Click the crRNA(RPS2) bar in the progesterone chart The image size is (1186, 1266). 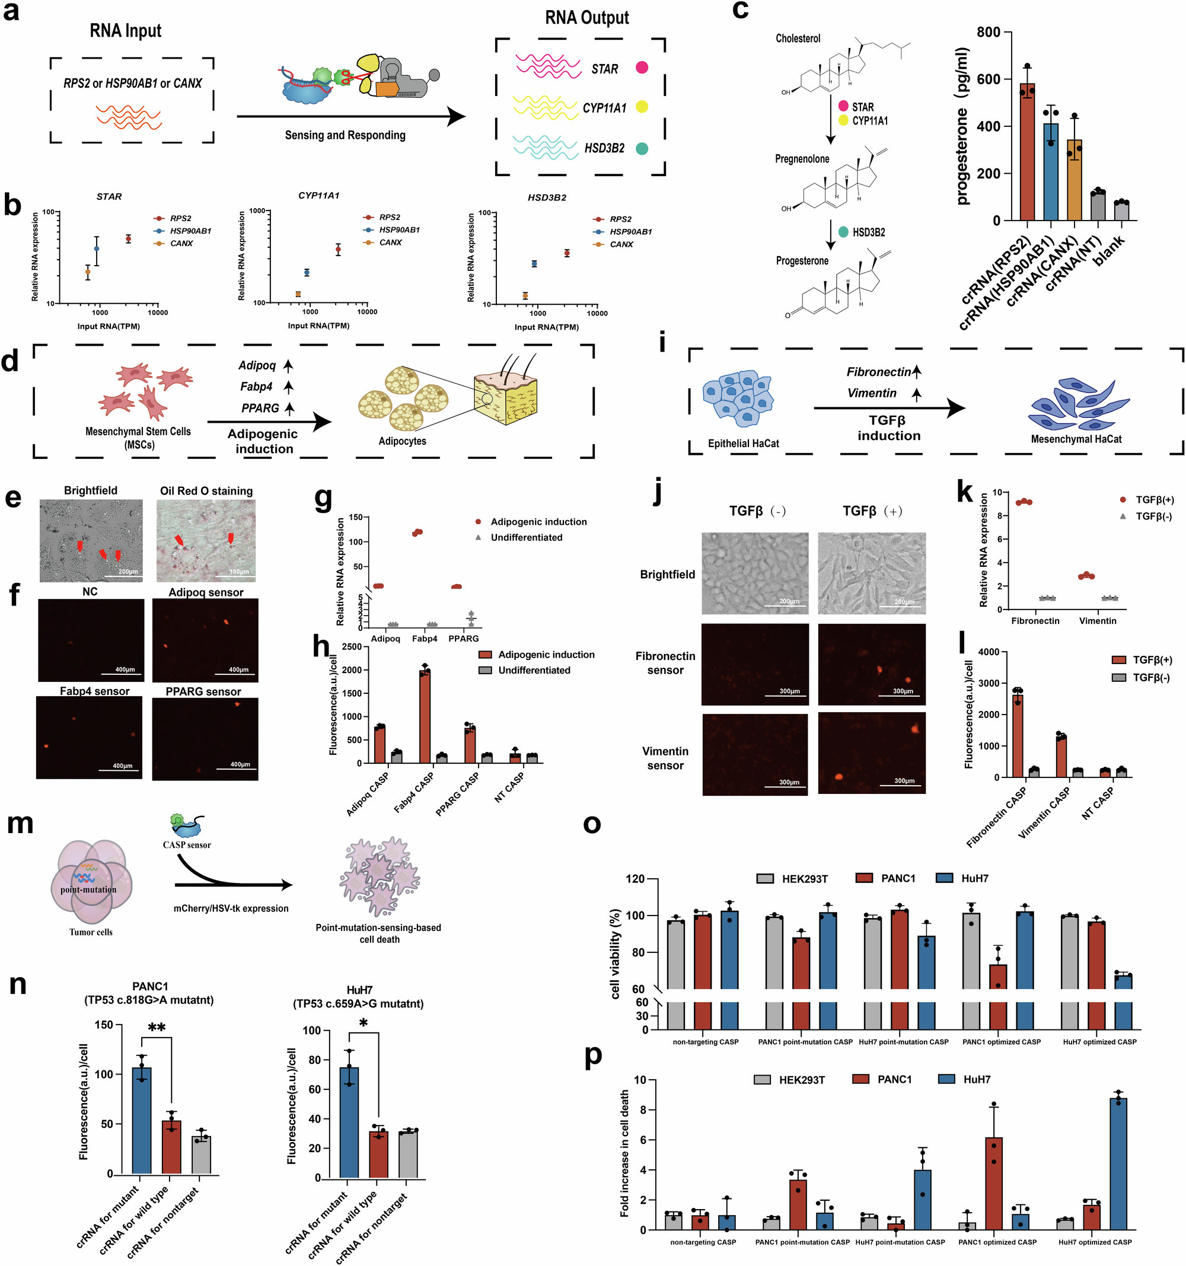(x=1026, y=153)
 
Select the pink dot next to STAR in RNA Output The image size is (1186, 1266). (x=642, y=68)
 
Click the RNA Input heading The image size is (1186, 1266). (x=126, y=31)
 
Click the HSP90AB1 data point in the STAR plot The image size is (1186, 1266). (x=97, y=248)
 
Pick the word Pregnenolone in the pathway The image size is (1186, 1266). (x=802, y=158)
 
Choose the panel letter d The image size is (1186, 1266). (x=10, y=361)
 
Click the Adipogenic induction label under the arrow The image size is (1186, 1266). (x=263, y=441)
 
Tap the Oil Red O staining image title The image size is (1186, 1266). (x=206, y=491)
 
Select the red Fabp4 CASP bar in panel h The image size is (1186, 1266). (x=424, y=716)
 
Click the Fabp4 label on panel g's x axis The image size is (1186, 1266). (x=424, y=638)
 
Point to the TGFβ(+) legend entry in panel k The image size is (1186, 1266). (x=1154, y=500)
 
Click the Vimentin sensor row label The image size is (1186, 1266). (x=665, y=758)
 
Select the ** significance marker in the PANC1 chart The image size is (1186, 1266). (x=157, y=1027)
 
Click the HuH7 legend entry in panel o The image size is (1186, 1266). (x=974, y=879)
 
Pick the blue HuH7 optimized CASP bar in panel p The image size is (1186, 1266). (x=1118, y=1165)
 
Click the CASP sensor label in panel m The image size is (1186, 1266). (x=187, y=845)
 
